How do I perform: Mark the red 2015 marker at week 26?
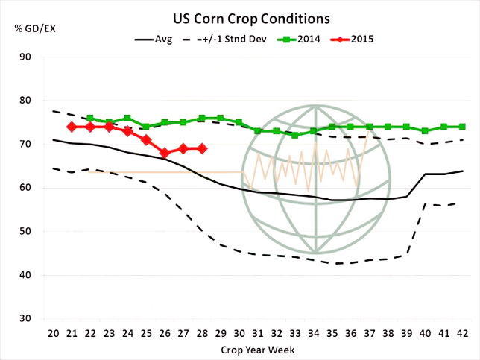[165, 153]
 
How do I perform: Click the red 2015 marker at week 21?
[72, 127]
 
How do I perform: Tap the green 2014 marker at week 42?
[462, 127]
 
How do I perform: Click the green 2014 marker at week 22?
[90, 119]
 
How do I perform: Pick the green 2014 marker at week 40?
[425, 131]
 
